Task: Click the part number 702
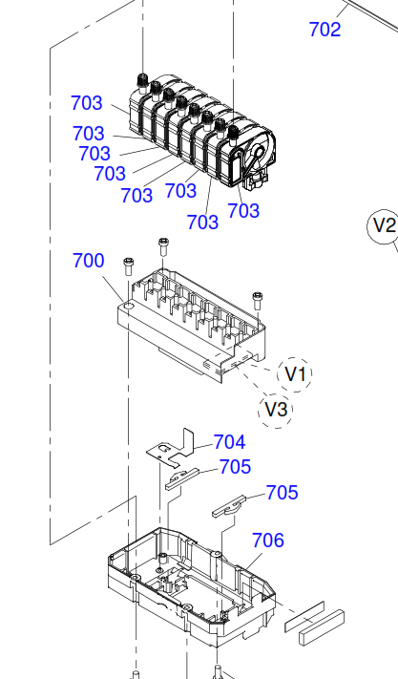[325, 30]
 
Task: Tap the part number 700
[88, 261]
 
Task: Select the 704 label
[230, 442]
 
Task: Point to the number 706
[268, 540]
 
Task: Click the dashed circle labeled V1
[296, 374]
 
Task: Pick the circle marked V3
[276, 410]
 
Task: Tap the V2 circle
[384, 226]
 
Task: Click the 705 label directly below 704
[236, 467]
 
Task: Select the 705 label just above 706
[283, 493]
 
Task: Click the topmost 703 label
[87, 103]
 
